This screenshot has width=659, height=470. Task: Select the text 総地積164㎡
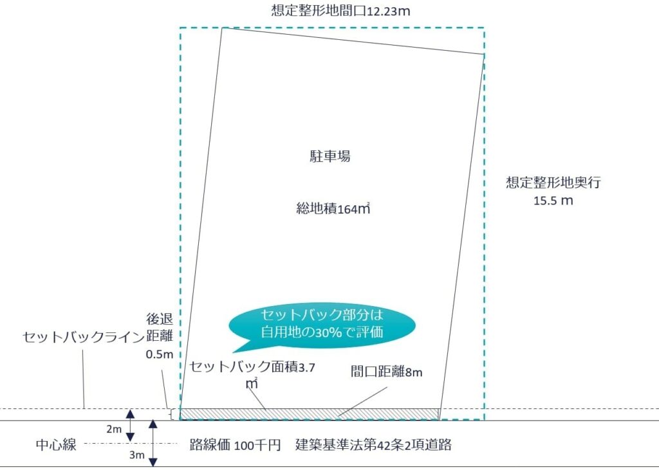coord(333,208)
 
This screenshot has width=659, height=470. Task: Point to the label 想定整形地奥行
coord(553,183)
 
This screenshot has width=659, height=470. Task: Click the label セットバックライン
coord(83,337)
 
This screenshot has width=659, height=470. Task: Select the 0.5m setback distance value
coord(160,354)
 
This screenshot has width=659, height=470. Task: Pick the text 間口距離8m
coord(387,372)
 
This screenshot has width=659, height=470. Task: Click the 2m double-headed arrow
coord(131,426)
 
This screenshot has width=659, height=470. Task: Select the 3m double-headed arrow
coord(153,443)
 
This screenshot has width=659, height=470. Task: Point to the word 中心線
coord(56,444)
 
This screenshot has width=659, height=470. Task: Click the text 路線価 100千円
coord(235,445)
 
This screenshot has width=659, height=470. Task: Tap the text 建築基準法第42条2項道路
coord(373,445)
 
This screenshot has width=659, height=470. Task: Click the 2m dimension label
coord(113,429)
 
